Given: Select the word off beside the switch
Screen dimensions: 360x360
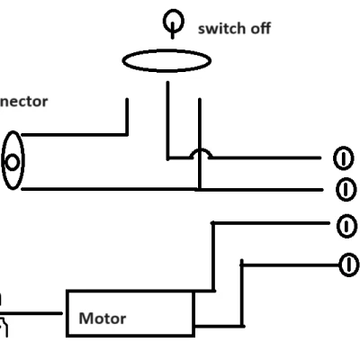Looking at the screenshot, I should click(x=259, y=28).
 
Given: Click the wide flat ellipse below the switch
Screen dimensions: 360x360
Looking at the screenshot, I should click(x=166, y=60).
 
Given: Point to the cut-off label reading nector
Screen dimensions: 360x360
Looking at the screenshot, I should click(x=23, y=102).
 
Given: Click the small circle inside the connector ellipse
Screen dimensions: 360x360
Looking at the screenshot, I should click(x=13, y=162).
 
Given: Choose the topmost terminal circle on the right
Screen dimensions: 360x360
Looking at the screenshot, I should click(x=342, y=158).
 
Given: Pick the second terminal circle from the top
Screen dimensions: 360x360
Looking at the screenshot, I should click(x=344, y=189).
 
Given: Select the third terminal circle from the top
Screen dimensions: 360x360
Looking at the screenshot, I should click(x=345, y=225).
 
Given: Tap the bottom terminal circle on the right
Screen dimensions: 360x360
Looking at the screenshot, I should click(x=345, y=264).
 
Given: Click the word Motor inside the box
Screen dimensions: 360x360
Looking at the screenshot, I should click(x=103, y=318).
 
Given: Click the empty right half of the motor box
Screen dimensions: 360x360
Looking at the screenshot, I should click(x=166, y=313).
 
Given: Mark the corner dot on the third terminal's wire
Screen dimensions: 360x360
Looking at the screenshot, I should click(x=213, y=222).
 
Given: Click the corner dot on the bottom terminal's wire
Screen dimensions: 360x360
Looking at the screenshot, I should click(x=241, y=264).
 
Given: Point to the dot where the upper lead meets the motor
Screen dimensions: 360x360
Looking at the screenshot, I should click(x=213, y=292).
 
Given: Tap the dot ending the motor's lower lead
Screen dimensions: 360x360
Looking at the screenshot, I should click(x=241, y=325).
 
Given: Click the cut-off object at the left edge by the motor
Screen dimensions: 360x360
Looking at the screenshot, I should click(x=3, y=315).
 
